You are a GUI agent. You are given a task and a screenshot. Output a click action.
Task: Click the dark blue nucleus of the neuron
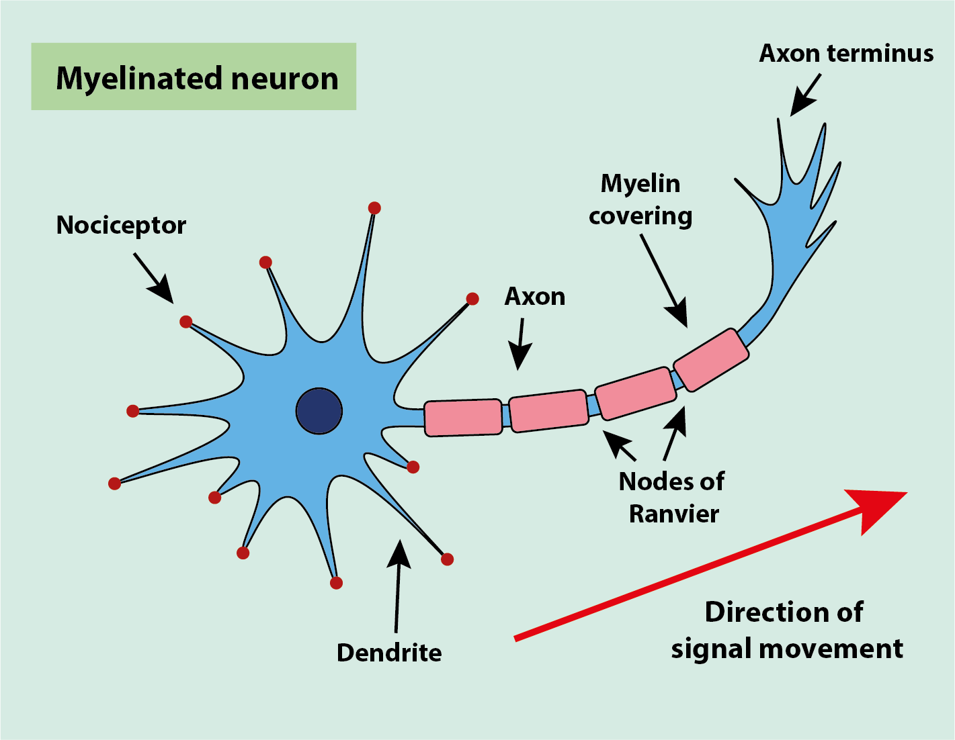point(319,411)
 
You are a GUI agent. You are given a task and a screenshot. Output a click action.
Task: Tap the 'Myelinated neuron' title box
point(194,77)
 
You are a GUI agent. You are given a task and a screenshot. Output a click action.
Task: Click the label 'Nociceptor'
point(121,226)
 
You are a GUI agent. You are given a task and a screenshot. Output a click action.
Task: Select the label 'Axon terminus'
point(846,54)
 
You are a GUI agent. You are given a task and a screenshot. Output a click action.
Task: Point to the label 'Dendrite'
point(389,653)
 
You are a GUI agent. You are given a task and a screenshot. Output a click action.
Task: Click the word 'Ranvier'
point(673,514)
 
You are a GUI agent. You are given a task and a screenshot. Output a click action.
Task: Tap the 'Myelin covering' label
point(640,199)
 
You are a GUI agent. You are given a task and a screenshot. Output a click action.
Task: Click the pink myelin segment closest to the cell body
point(463,418)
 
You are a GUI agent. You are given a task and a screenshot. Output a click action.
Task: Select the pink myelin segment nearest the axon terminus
point(711,359)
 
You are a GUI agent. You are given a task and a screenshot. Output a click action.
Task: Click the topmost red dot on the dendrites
point(374,208)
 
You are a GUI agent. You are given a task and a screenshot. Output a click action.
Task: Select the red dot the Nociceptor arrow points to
point(186,322)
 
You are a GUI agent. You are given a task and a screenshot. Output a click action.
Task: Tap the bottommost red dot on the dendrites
point(337,583)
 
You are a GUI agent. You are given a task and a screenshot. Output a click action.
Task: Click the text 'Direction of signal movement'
point(786,631)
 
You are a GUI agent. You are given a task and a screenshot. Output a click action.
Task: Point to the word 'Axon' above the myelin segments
point(535,297)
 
